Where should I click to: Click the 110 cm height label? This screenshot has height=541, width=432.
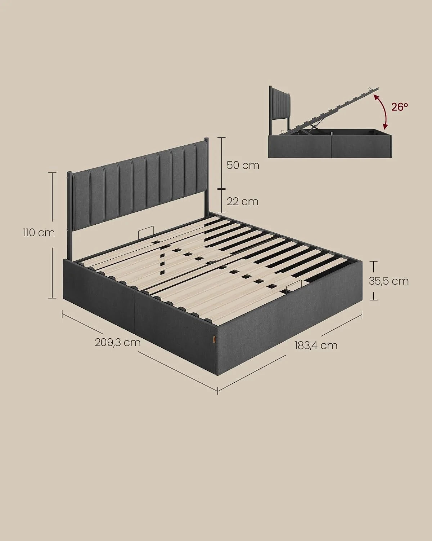pos(39,233)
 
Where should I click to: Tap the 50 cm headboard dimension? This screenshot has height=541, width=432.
pos(243,165)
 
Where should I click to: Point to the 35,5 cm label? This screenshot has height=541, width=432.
pos(389,281)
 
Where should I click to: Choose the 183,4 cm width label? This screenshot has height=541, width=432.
pos(316,346)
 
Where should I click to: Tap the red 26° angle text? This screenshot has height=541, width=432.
pos(399,107)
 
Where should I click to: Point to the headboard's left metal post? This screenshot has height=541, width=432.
pos(69,216)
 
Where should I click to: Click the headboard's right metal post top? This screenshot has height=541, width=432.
pos(206,139)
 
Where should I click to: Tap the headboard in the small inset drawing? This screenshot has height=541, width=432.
pos(280,110)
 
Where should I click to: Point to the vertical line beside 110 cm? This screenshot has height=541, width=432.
pos(52,235)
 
